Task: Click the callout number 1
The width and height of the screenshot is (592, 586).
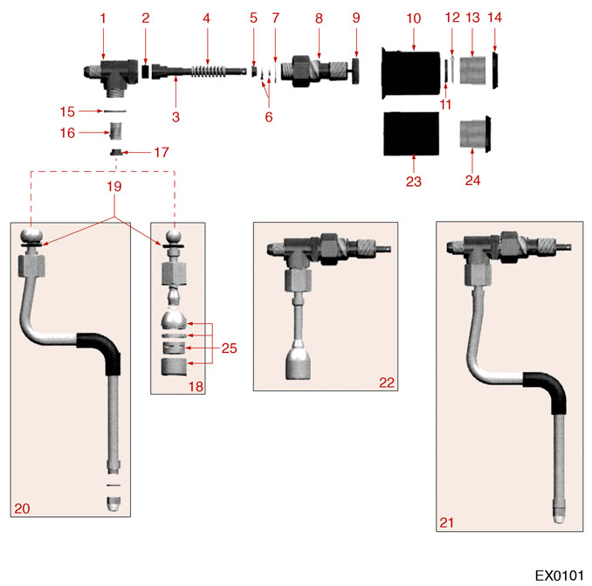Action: coord(103,17)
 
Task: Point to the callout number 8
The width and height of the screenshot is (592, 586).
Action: coord(319,17)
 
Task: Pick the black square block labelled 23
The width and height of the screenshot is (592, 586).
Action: coord(412,134)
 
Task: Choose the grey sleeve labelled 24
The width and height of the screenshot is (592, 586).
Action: coord(474,133)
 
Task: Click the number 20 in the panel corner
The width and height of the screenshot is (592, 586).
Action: coord(22,507)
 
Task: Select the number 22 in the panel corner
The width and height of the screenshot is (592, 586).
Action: coord(387,382)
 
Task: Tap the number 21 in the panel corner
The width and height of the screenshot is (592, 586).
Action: coord(447,522)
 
